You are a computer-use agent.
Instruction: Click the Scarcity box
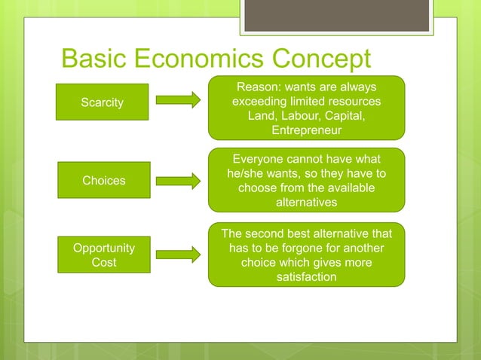102,102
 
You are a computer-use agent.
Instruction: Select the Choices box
103,180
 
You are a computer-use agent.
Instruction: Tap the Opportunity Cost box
103,255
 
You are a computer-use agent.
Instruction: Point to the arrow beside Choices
179,180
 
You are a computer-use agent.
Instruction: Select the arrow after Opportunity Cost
179,255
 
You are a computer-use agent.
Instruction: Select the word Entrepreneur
306,130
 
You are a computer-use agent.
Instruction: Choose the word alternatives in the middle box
306,203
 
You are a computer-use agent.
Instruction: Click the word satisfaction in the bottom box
306,277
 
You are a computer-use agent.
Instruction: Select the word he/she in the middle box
248,174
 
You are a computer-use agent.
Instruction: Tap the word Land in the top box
261,116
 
